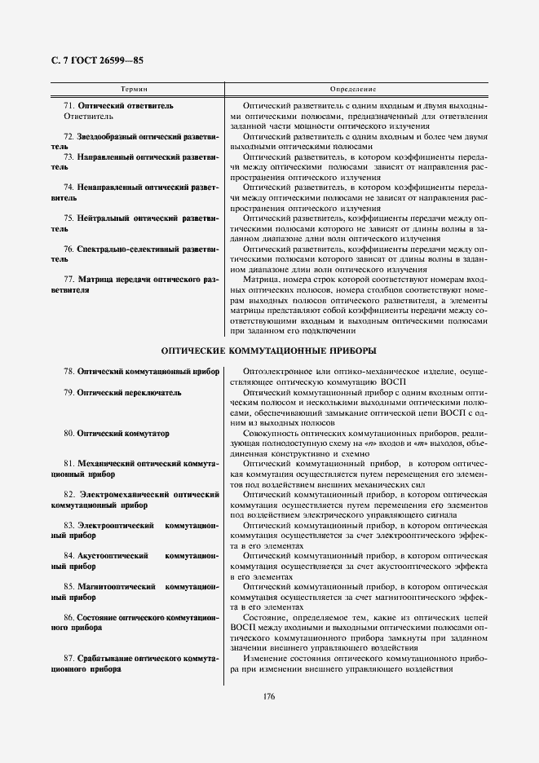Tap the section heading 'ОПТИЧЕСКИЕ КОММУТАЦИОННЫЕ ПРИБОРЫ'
pos(268,351)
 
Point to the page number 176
pos(269,695)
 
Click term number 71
pos(68,106)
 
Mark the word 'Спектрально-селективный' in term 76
pos(126,248)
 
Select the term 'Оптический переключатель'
pos(129,392)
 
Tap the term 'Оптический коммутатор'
pos(123,434)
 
